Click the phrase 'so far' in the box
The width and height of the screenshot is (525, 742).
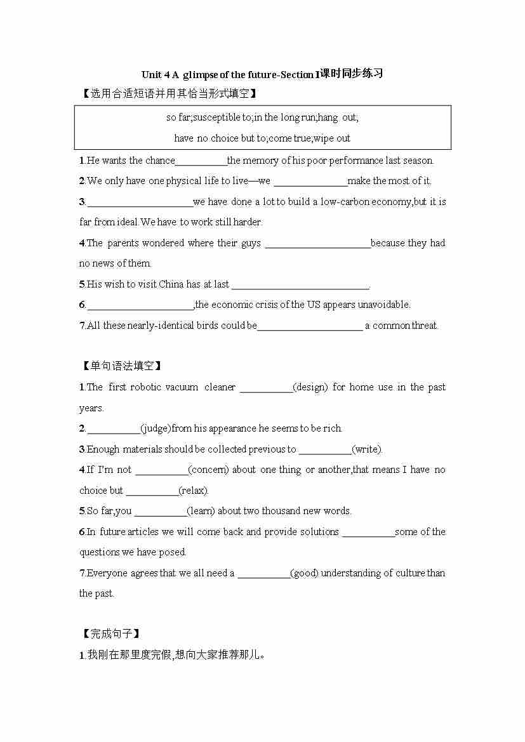pos(178,117)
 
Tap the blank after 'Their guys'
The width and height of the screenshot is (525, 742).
pos(317,244)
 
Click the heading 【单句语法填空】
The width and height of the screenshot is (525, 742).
pos(121,366)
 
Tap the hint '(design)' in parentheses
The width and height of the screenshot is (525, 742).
pos(310,387)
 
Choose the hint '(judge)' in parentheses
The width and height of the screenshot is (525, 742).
pos(156,428)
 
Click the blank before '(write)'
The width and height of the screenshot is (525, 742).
pos(324,450)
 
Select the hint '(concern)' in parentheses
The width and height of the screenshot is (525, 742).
pos(209,470)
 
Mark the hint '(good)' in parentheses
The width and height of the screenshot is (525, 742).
pos(304,573)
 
